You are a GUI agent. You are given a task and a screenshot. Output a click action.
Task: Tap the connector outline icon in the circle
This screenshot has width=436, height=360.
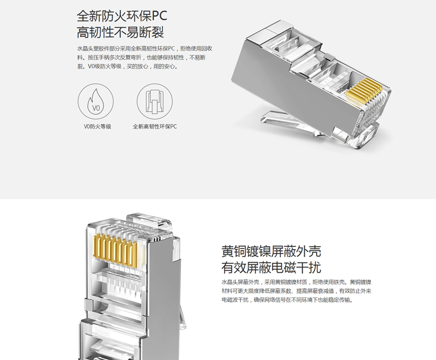[155, 101]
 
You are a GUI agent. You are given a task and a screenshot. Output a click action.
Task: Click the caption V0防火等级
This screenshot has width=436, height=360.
[98, 126]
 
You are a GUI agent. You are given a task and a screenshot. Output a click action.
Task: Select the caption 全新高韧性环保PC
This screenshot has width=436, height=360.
[155, 126]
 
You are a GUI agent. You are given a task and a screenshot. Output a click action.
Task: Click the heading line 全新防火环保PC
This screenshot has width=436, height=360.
[122, 16]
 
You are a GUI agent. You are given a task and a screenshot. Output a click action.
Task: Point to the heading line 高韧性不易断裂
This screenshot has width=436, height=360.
[120, 32]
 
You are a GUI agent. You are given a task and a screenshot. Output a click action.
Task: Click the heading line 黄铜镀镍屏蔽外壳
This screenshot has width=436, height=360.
[271, 251]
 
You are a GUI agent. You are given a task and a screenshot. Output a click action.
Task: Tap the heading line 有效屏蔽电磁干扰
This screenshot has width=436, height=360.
[271, 267]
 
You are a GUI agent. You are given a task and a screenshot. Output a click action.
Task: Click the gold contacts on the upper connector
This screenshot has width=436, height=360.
[364, 91]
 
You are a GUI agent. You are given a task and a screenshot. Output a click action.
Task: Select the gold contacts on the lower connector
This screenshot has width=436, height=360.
[116, 249]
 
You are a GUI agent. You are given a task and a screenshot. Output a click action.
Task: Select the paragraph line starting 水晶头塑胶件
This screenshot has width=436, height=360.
[145, 49]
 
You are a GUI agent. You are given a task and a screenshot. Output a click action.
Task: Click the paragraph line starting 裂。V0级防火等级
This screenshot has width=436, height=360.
[127, 66]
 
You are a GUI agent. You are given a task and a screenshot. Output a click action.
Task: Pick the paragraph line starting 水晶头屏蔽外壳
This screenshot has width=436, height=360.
[296, 282]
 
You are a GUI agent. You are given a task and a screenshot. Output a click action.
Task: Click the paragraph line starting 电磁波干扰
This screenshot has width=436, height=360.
[287, 300]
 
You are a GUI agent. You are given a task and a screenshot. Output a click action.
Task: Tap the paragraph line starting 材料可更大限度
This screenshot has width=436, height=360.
[296, 291]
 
